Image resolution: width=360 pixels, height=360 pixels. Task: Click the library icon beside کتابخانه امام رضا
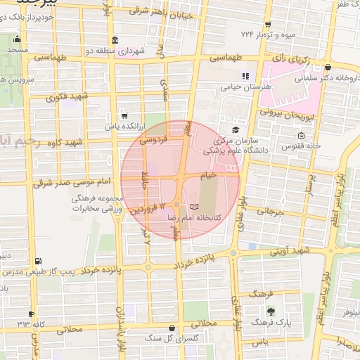(x=195, y=207)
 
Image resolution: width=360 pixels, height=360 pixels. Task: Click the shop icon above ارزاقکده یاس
(x=124, y=115)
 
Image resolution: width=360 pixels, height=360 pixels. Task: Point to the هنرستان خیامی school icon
(x=245, y=76)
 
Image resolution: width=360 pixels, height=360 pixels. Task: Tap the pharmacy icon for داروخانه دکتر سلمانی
(x=328, y=68)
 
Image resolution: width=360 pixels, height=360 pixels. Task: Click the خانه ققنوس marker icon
(x=302, y=135)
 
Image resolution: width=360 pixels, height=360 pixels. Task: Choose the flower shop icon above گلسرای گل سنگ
(x=172, y=327)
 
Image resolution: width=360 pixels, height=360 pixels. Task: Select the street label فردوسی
(x=154, y=140)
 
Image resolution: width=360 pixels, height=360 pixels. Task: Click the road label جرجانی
(x=269, y=210)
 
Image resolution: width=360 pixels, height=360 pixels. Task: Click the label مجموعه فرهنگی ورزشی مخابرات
(x=98, y=205)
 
